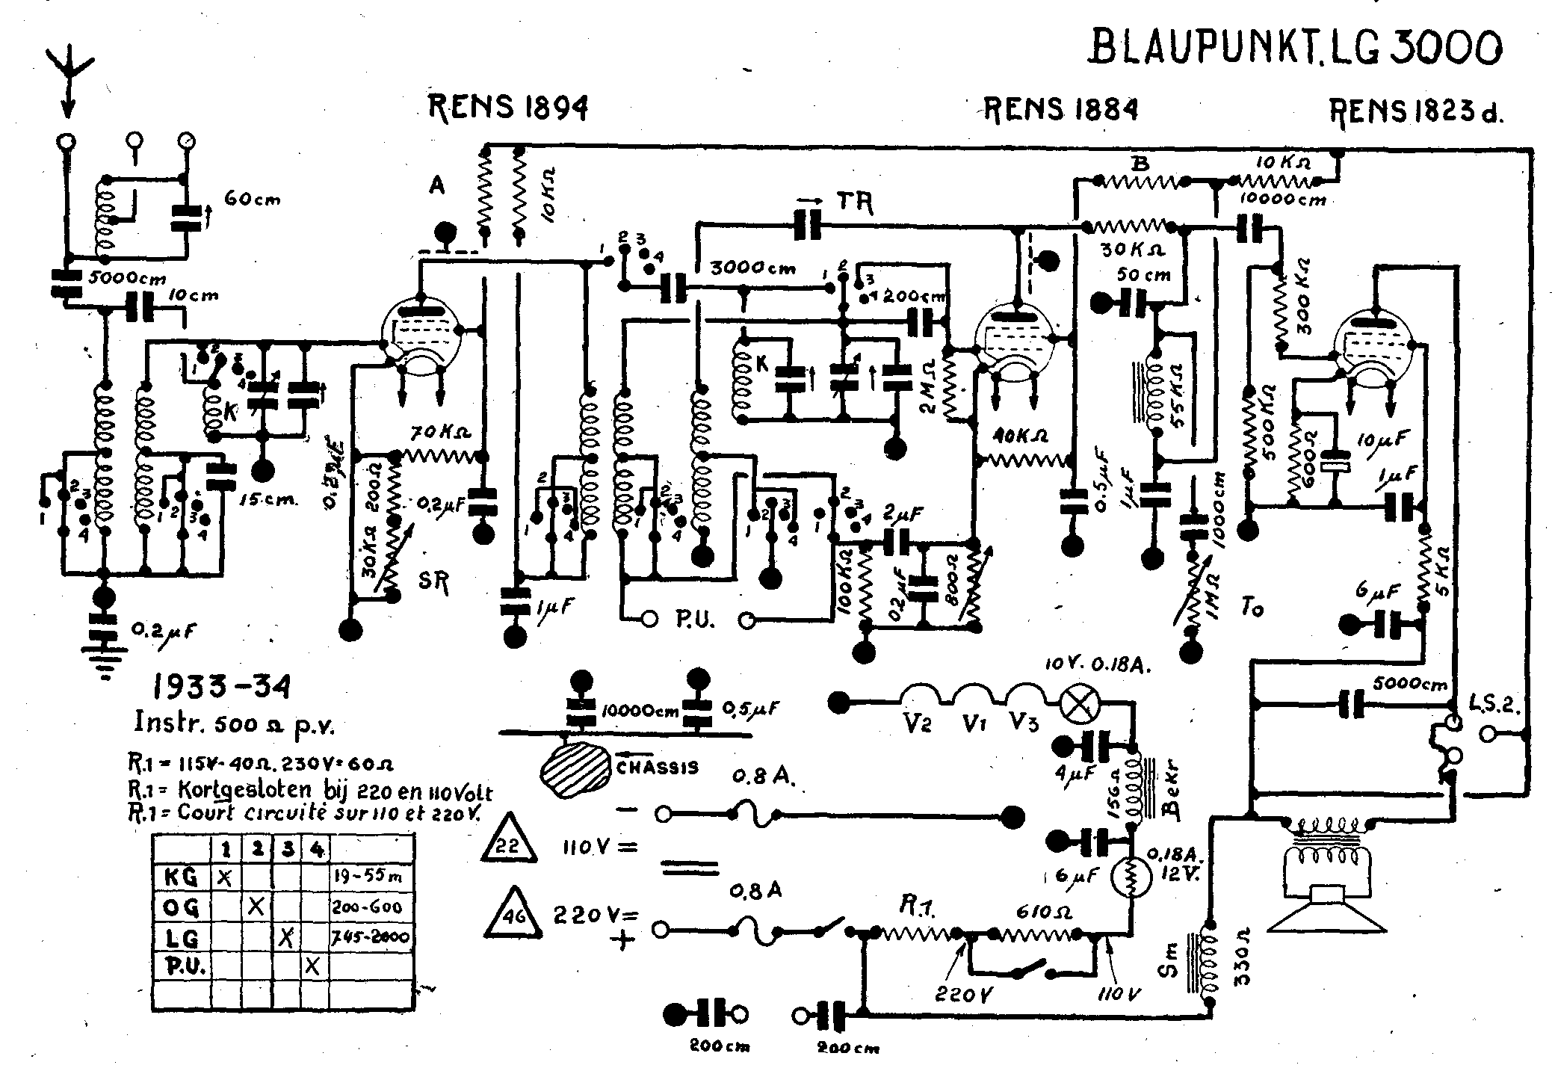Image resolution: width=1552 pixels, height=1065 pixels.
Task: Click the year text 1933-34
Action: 221,685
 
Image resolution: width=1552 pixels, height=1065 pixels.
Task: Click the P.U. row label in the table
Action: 181,966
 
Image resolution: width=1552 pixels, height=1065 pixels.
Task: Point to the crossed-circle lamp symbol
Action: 1078,705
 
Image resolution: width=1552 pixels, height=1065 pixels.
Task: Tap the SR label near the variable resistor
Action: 434,583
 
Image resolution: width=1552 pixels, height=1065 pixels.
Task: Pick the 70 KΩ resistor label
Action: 440,433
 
